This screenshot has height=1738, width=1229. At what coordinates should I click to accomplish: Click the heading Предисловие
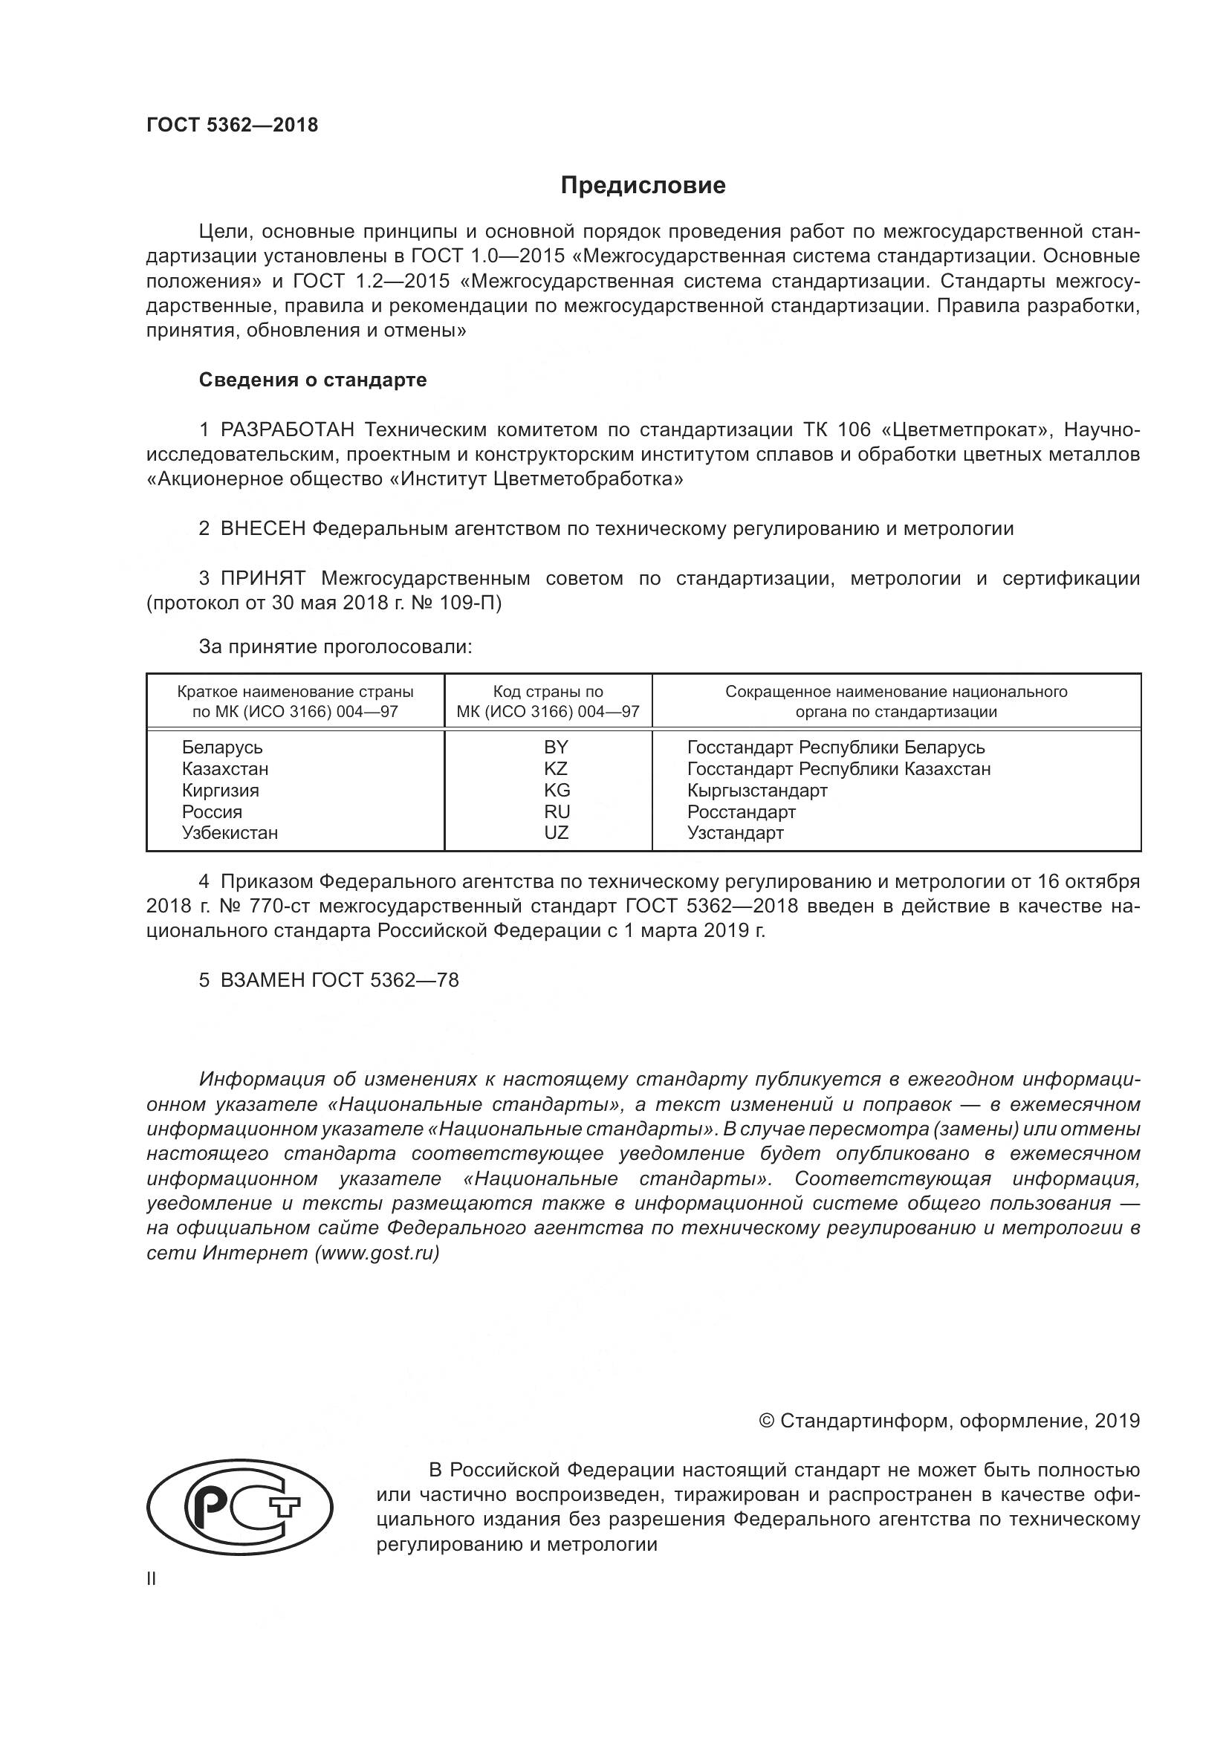pyautogui.click(x=643, y=186)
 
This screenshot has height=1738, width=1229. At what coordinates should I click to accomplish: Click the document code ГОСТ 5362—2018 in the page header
pyautogui.click(x=233, y=125)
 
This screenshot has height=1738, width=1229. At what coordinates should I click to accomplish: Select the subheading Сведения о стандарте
pyautogui.click(x=313, y=380)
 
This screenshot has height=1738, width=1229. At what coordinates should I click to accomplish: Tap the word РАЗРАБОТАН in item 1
pyautogui.click(x=287, y=430)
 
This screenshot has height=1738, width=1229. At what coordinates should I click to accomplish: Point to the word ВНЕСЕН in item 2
pyautogui.click(x=262, y=528)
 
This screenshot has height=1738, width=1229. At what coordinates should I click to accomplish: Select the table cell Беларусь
pyautogui.click(x=222, y=747)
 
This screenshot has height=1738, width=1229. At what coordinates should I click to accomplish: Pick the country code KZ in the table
pyautogui.click(x=556, y=768)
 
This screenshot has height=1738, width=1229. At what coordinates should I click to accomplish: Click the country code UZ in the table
pyautogui.click(x=556, y=833)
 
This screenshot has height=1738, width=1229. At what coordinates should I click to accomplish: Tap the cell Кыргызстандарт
pyautogui.click(x=757, y=791)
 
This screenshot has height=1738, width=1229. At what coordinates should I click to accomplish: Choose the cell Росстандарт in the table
pyautogui.click(x=741, y=811)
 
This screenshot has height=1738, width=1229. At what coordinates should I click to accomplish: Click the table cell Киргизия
pyautogui.click(x=220, y=791)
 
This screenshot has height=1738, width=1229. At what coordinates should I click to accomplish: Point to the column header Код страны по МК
pyautogui.click(x=548, y=701)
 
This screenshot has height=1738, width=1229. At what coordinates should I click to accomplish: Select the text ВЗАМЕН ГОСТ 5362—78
pyautogui.click(x=339, y=980)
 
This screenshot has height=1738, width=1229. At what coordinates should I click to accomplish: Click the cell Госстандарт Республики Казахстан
pyautogui.click(x=838, y=768)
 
